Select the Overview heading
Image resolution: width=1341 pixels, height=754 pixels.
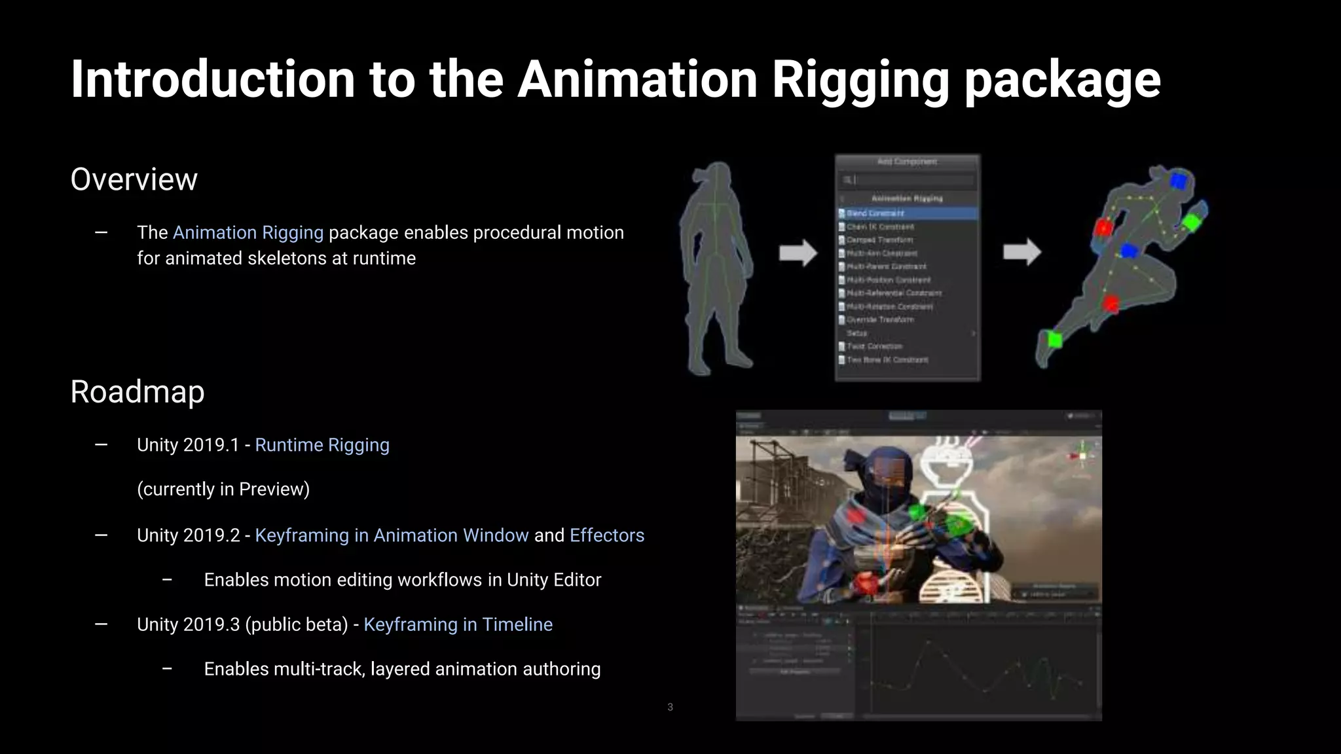click(x=134, y=179)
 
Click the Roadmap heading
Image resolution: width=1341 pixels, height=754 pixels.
click(x=138, y=392)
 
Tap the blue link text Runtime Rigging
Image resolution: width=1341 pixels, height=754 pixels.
click(x=321, y=445)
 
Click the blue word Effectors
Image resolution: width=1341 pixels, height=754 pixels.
click(x=606, y=535)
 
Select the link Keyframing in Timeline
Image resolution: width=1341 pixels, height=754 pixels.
click(x=458, y=624)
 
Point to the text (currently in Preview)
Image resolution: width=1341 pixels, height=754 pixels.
click(x=223, y=490)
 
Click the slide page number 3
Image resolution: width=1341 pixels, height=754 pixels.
click(x=670, y=707)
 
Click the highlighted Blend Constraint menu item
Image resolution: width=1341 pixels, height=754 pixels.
click(x=875, y=213)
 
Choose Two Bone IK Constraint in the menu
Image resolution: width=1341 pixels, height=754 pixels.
click(x=887, y=360)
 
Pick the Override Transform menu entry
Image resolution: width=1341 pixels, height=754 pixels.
click(x=880, y=320)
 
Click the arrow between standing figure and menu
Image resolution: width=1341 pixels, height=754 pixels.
click(x=798, y=253)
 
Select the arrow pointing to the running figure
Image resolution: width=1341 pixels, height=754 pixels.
click(x=1021, y=252)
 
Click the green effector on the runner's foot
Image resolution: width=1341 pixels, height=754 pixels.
click(x=1054, y=340)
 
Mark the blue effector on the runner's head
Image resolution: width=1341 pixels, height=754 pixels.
click(x=1178, y=181)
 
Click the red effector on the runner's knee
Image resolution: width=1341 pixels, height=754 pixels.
click(x=1111, y=304)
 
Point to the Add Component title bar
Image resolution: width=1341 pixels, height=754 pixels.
click(x=908, y=162)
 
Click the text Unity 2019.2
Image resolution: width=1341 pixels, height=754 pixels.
click(x=188, y=535)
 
